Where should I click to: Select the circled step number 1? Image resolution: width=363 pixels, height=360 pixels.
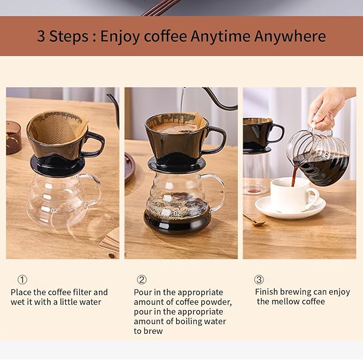22,280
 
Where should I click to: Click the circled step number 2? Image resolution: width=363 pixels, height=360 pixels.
142,280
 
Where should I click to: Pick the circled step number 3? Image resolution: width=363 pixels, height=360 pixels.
259,280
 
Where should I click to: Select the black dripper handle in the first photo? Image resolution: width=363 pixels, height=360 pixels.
95,144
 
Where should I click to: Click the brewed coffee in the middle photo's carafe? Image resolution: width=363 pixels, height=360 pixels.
177,219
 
